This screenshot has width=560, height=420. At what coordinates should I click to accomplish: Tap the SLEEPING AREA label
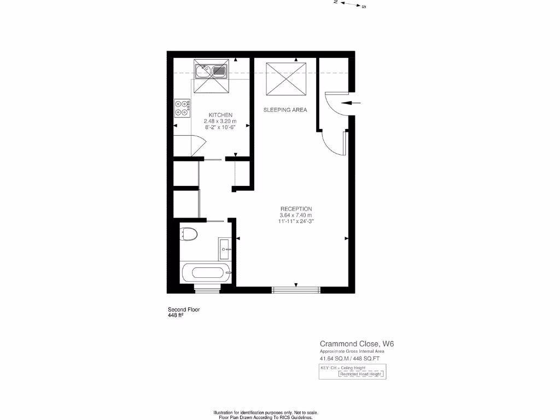(285, 110)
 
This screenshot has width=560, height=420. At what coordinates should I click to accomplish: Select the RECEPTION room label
(296, 209)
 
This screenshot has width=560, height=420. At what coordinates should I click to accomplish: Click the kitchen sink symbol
(211, 71)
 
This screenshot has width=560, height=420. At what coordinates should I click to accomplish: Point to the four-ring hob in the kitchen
(182, 108)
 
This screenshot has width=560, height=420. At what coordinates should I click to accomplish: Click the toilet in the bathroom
(188, 234)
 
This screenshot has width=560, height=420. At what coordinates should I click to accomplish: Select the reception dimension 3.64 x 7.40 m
(296, 215)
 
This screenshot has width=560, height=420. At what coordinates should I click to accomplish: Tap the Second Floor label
(184, 310)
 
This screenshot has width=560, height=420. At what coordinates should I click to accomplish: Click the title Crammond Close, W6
(357, 343)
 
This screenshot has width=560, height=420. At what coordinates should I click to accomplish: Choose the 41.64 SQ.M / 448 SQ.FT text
(349, 359)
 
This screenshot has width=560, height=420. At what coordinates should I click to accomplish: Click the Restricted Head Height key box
(361, 375)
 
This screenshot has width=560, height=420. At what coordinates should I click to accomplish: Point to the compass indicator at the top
(350, 4)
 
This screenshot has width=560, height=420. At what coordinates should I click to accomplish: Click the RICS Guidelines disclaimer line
(266, 417)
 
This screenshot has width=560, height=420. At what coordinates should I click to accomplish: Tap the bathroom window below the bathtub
(207, 288)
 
